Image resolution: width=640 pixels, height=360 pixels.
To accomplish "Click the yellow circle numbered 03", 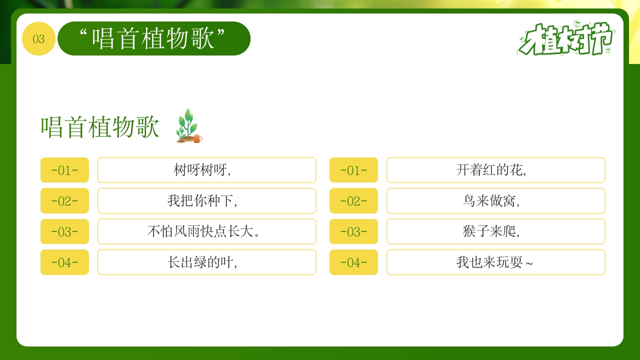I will click(38, 39).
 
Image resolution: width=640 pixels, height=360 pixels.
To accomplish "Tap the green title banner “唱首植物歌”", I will click(153, 38).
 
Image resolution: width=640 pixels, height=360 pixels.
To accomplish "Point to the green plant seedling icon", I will click(188, 126).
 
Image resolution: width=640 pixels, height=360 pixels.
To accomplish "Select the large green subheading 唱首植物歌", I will click(100, 127).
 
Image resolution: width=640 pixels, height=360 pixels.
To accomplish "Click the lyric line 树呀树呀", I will click(206, 170).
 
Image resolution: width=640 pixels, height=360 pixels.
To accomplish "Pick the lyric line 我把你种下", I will click(206, 201).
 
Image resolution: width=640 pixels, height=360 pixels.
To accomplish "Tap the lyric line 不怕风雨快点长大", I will click(206, 231).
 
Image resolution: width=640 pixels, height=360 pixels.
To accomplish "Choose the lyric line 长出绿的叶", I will click(206, 262).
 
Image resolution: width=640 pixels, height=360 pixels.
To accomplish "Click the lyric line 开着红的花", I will click(495, 170).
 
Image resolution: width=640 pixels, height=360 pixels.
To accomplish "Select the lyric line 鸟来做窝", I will click(495, 201).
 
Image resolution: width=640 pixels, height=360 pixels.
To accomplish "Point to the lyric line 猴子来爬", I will click(495, 231).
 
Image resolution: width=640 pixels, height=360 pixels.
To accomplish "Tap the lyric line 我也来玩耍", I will click(495, 262).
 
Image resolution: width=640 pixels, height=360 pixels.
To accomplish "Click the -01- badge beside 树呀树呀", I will click(64, 170).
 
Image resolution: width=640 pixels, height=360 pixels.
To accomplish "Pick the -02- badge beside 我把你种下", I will click(64, 201).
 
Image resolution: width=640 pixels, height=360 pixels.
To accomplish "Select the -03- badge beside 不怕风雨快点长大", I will click(64, 231).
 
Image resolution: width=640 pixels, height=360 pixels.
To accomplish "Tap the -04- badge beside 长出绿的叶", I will click(64, 262).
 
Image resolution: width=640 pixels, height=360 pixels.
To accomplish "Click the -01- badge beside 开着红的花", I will click(353, 170).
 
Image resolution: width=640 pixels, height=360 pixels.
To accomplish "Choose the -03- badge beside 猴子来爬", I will click(353, 231).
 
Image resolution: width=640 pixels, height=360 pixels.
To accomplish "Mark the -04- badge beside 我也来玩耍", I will click(353, 262).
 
